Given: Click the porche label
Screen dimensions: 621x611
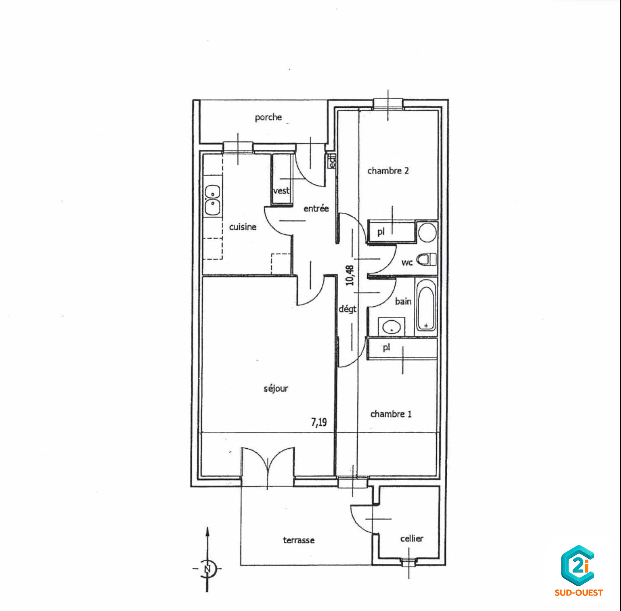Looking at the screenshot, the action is click(268, 117).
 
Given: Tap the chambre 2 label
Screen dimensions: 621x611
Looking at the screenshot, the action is click(388, 170).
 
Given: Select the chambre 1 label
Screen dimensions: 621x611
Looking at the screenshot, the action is click(391, 414).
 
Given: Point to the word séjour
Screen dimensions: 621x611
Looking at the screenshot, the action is click(276, 389).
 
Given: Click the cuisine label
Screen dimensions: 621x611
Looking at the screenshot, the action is click(243, 227).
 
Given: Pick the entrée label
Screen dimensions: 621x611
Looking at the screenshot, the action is click(316, 209).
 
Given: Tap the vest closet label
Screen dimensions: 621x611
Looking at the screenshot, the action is click(282, 191).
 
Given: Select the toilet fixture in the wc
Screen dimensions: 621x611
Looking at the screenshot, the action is click(426, 259).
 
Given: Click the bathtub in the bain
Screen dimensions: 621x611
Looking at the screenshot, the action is click(426, 305).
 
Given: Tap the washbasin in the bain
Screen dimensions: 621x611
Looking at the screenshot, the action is click(391, 327).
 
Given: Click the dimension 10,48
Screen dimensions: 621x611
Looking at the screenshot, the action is click(350, 275).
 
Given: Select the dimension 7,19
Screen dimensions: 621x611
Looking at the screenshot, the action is click(319, 422).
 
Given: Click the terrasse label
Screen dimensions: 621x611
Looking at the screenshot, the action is click(299, 540).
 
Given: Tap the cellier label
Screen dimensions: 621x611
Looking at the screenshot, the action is click(412, 538).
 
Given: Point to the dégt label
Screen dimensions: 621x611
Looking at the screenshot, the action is click(347, 309).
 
